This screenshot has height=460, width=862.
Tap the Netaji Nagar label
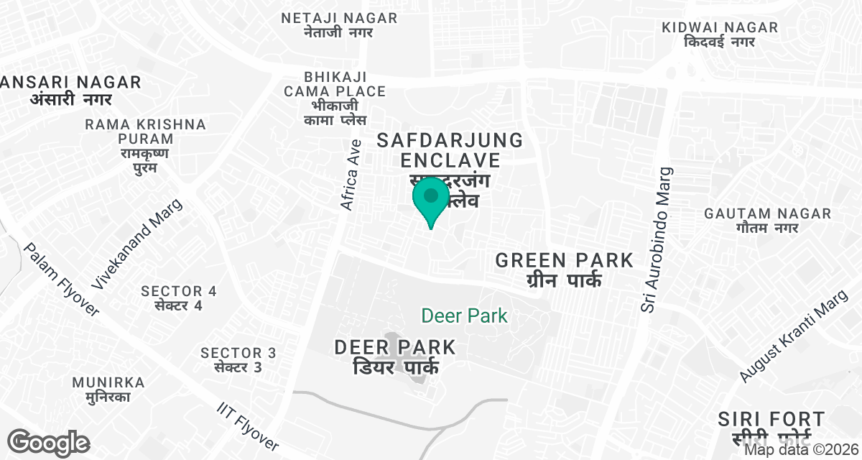point(339,24)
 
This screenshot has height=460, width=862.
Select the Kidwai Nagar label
point(720,34)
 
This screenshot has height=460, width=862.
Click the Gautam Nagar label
point(767,221)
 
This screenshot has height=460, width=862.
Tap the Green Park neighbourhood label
point(564,269)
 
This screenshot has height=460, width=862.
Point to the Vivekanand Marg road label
point(137,244)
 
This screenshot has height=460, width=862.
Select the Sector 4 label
point(179,298)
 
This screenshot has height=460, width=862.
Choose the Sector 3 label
point(238,359)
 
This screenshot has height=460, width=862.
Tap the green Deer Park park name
point(464,315)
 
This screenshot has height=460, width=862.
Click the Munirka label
point(108,389)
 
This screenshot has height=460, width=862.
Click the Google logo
point(48,443)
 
